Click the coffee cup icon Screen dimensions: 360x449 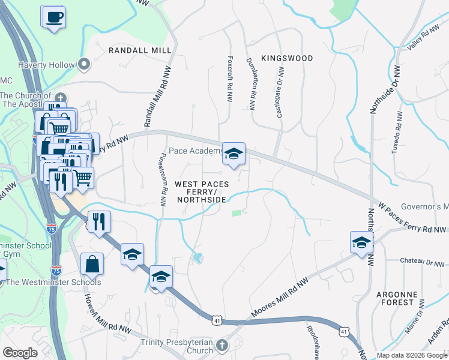point(54,16)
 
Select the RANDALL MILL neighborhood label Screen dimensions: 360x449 point(140,51)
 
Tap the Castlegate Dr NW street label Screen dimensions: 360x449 point(280,91)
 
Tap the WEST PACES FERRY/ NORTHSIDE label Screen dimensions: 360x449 point(201,191)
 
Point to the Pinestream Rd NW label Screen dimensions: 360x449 point(163,175)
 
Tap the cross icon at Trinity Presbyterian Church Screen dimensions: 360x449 point(222,345)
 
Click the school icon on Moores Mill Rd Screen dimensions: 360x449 point(361,243)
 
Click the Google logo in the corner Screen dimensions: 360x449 point(20,353)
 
